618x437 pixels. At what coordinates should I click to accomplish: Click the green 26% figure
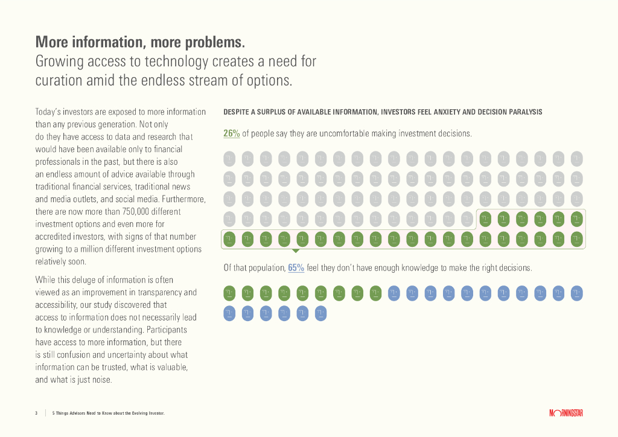[x=231, y=133]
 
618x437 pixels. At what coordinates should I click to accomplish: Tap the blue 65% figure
[x=296, y=267]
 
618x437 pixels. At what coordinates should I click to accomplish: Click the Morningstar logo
[x=565, y=413]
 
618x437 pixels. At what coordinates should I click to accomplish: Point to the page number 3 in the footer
[x=36, y=413]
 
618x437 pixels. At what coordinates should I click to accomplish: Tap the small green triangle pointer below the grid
[x=295, y=250]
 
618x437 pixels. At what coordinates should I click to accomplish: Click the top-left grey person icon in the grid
[x=229, y=159]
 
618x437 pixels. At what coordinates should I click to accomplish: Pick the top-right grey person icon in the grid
[x=576, y=159]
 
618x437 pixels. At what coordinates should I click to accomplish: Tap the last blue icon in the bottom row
[x=320, y=314]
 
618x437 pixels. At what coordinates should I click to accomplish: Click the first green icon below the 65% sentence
[x=229, y=293]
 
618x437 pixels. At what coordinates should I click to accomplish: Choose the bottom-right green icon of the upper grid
[x=576, y=239]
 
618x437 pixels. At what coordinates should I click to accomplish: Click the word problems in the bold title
[x=215, y=42]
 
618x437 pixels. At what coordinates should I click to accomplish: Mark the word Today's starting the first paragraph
[x=50, y=112]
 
